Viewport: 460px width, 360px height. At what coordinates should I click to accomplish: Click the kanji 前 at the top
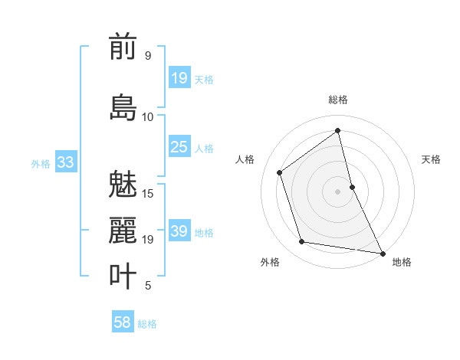coord(123,47)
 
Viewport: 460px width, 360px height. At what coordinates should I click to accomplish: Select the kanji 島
coord(123,108)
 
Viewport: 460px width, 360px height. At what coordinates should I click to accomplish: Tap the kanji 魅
coord(123,186)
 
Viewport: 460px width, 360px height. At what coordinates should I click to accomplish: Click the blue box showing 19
coord(179,78)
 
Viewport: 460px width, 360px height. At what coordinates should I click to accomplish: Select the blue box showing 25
coord(179,147)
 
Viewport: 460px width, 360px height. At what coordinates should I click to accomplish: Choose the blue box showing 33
coord(65,162)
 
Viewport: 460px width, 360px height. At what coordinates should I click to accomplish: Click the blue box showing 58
coord(123,322)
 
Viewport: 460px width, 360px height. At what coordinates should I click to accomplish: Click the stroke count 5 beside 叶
coord(147,286)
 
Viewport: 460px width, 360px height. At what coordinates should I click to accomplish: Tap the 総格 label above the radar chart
coord(337,100)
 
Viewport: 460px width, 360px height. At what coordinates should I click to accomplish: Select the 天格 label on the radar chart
coord(432,159)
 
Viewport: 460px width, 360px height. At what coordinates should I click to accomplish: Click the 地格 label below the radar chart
coord(402,262)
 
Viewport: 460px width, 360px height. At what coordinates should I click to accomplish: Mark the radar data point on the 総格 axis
coord(337,130)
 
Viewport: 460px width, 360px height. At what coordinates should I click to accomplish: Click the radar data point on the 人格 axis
coord(280,172)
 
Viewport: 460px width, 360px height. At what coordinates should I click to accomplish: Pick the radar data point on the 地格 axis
coord(383,253)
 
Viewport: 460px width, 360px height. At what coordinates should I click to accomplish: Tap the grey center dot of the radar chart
coord(337,191)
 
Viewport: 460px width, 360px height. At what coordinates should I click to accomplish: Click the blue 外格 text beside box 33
coord(40,163)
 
